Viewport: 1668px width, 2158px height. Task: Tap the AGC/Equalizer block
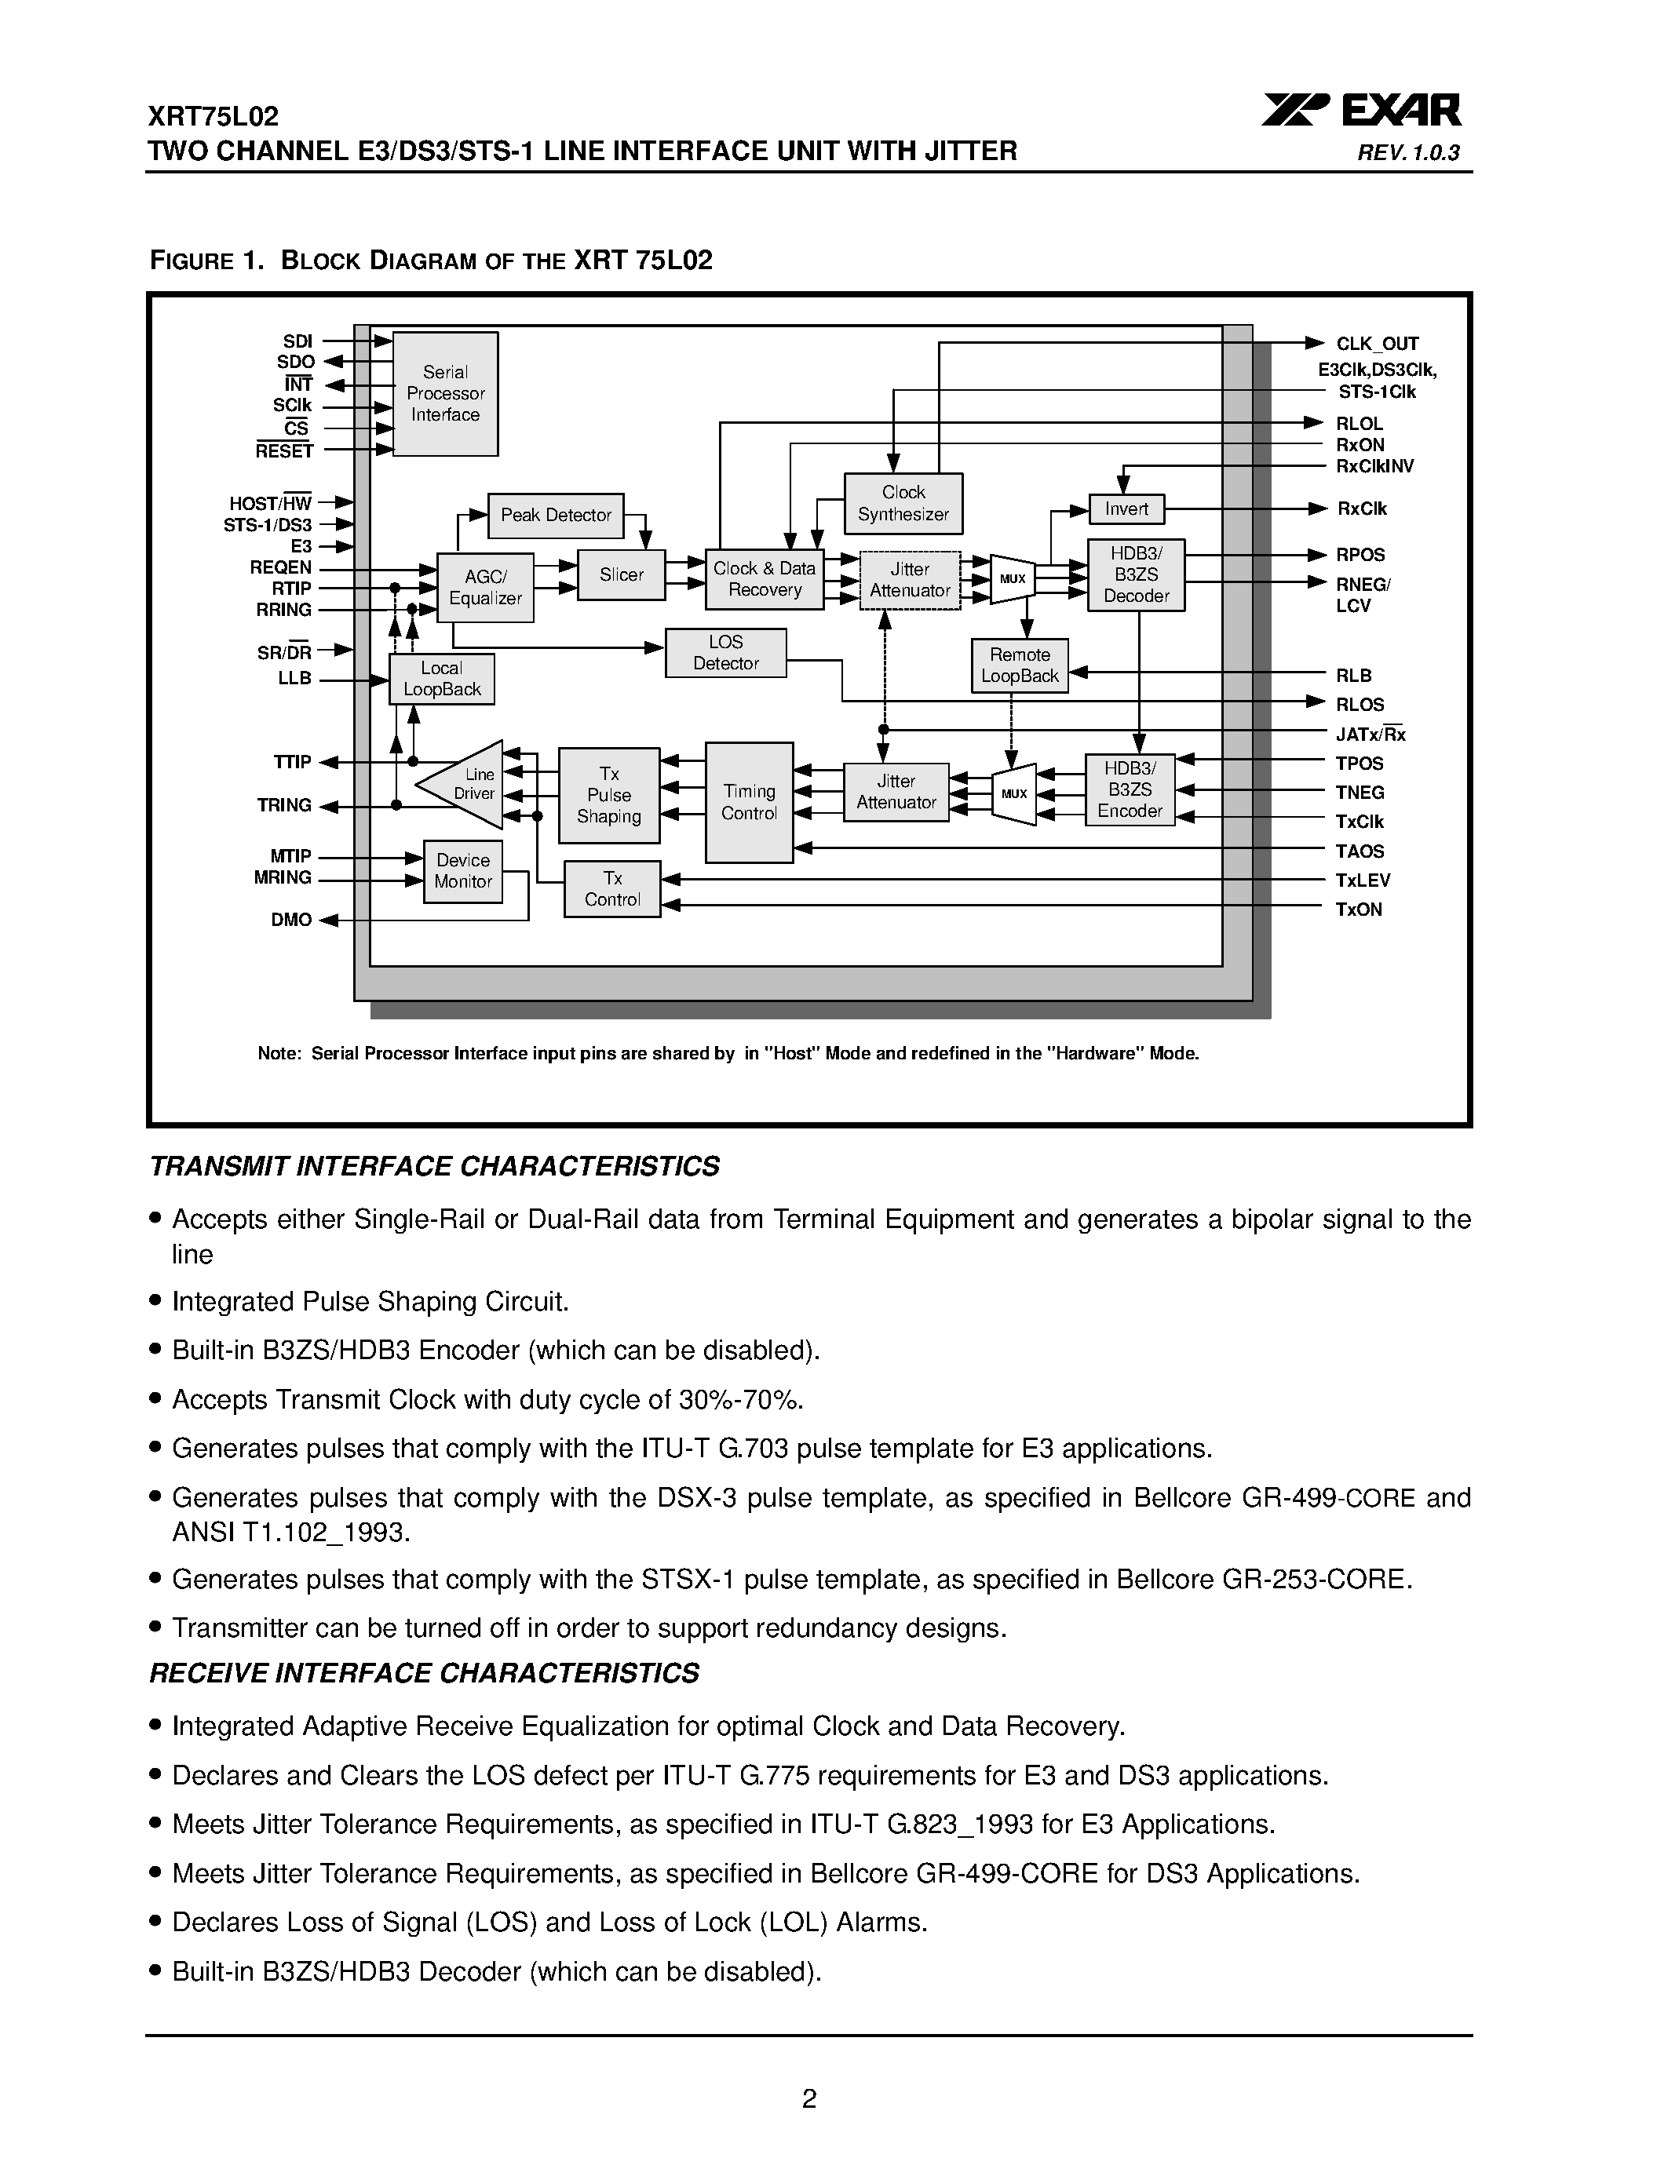click(485, 587)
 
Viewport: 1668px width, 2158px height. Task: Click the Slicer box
click(621, 574)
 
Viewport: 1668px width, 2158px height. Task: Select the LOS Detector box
click(725, 652)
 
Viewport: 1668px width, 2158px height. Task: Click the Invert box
click(1126, 509)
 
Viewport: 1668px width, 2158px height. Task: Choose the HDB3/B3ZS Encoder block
click(1130, 789)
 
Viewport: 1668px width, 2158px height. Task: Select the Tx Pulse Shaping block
click(608, 794)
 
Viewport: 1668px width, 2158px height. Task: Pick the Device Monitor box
click(462, 870)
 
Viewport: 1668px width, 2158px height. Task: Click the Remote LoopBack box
click(1019, 665)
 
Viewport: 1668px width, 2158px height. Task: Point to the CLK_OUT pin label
click(1377, 344)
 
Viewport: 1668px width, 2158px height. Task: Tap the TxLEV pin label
click(1363, 880)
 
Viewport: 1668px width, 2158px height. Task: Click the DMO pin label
click(290, 920)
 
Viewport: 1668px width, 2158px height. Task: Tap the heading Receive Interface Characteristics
click(424, 1673)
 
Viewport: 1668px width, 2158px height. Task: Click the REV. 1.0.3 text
click(1408, 153)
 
